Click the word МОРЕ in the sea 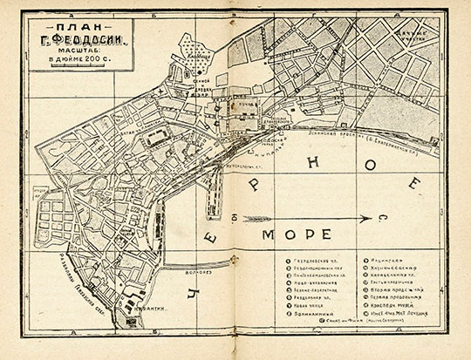(x=297, y=234)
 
